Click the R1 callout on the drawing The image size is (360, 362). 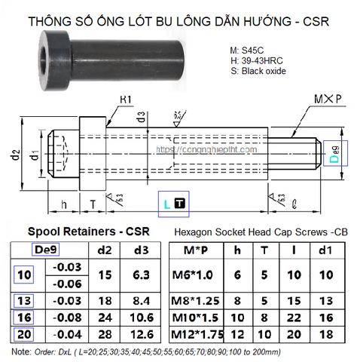(x=127, y=99)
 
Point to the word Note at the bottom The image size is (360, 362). (x=17, y=351)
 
